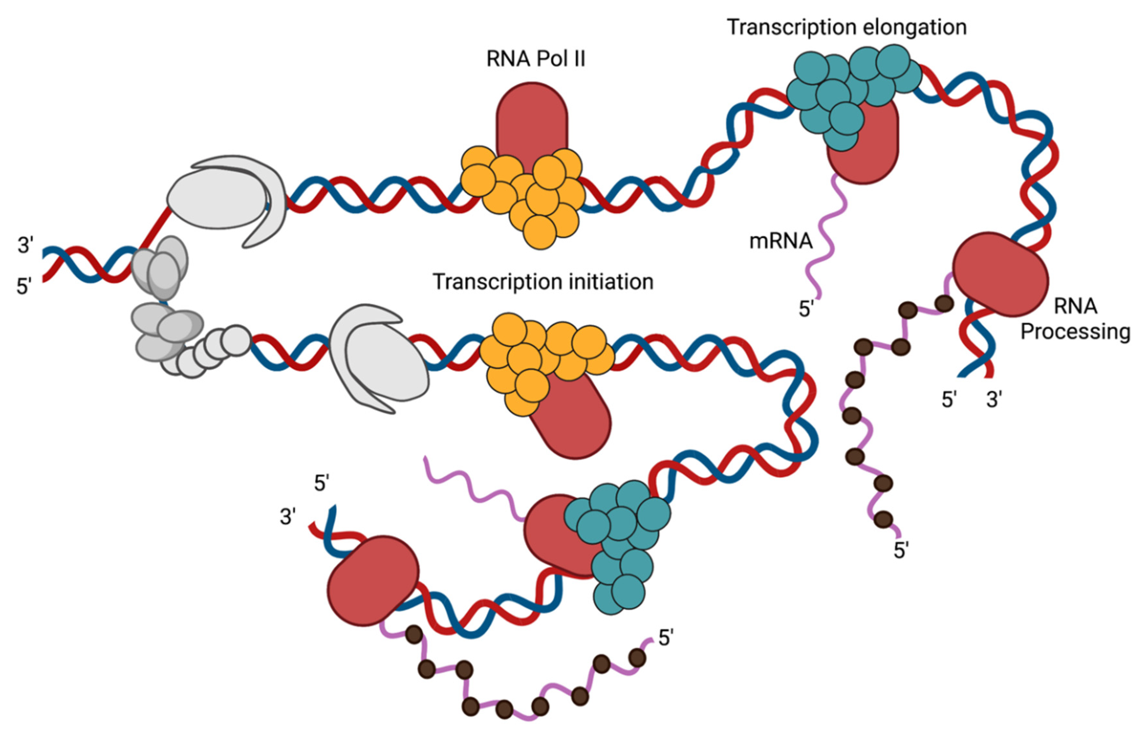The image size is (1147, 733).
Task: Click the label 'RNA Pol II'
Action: pos(535,59)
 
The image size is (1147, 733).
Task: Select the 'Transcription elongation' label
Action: pos(846,27)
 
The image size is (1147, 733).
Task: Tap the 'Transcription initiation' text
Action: pos(542,282)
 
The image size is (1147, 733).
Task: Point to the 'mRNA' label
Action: pos(781,241)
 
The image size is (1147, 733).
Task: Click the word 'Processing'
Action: pos(1075,331)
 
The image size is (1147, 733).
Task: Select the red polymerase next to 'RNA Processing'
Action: pos(1000,275)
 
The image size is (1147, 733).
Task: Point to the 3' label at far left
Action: pos(25,245)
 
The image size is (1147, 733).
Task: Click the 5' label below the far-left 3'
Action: pos(24,287)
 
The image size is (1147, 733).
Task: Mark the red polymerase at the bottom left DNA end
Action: pos(373,580)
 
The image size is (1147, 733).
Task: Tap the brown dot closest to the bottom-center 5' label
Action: pos(637,658)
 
